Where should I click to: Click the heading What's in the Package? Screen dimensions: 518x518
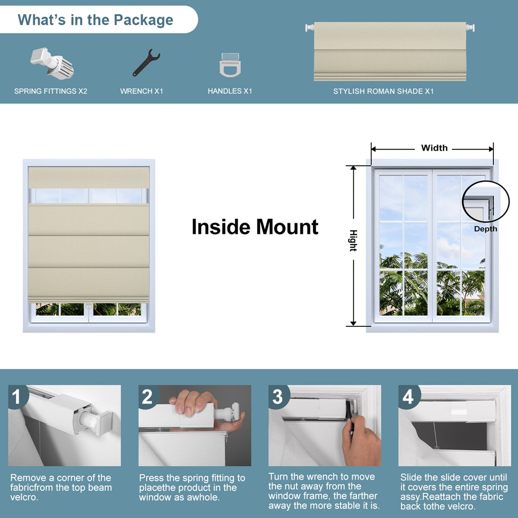tap(95, 20)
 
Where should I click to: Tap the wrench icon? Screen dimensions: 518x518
tap(146, 63)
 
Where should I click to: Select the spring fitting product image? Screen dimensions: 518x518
tap(52, 63)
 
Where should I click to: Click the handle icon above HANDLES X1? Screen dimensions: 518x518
tap(230, 65)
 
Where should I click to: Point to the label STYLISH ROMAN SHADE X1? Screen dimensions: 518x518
tap(383, 91)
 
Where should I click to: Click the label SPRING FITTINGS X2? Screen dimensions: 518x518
tap(51, 91)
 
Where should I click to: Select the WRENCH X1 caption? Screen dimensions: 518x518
tap(142, 91)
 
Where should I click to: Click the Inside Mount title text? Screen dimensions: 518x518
tap(255, 227)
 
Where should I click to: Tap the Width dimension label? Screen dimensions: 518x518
tap(434, 148)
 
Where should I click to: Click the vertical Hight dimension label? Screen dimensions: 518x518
tap(353, 241)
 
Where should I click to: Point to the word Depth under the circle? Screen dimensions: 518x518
tap(486, 229)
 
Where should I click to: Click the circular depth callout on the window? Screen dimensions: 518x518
tap(483, 202)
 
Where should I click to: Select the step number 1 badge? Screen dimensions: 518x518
tap(16, 397)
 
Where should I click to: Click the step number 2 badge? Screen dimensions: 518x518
tap(147, 397)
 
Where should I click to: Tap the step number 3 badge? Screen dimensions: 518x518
tap(278, 397)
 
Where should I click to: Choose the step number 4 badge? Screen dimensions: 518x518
tap(408, 397)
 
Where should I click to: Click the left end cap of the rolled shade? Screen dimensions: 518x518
tap(309, 28)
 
